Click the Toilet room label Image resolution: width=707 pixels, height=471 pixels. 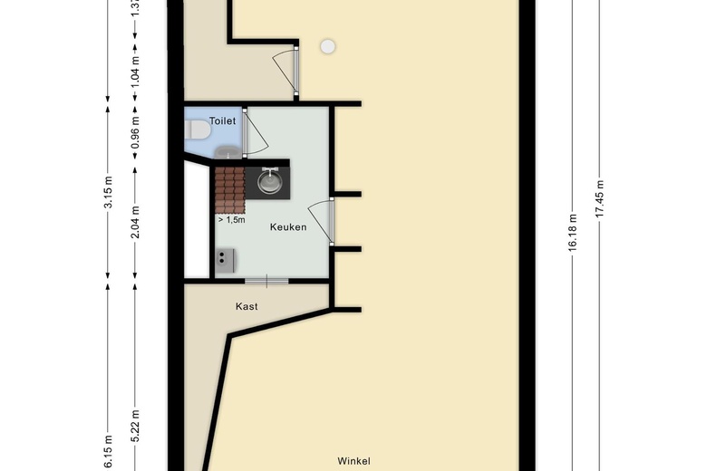coord(222,120)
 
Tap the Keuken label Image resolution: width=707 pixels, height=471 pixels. coord(288,227)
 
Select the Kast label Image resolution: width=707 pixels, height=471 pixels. coord(247,306)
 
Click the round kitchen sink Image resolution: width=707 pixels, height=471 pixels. coord(269,182)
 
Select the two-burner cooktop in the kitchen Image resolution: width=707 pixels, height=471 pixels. coord(224,260)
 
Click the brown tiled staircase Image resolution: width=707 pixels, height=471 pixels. coord(229,188)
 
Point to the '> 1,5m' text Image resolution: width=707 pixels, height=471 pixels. coord(231,219)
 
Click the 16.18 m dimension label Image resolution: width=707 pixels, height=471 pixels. coord(572,236)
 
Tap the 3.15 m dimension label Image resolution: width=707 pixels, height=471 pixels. coord(108,196)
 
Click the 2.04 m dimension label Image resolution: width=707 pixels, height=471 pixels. coord(135,222)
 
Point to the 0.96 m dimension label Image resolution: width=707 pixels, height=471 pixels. coord(135,132)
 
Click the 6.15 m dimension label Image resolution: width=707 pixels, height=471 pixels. coord(108,453)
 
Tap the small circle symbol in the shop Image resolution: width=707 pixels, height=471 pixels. coord(327,45)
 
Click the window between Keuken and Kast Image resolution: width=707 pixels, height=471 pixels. coord(266,280)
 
